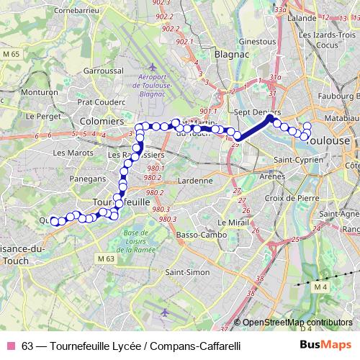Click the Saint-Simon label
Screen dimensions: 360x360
187,272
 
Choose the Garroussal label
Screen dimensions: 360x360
104,71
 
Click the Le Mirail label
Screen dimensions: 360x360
232,222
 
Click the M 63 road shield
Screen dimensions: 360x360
104,258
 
